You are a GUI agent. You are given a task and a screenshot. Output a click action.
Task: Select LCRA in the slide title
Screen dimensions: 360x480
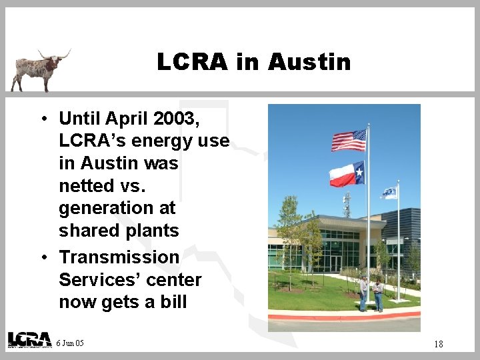point(193,62)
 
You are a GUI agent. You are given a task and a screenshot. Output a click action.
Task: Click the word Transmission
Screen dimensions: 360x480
point(119,257)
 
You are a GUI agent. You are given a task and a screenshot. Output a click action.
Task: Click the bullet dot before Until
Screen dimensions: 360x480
point(42,119)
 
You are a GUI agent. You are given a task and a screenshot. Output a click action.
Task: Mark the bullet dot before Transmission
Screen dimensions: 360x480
point(42,258)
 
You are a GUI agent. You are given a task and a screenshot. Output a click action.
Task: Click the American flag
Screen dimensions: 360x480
point(349,140)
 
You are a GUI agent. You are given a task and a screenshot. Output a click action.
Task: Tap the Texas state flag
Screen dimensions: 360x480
point(347,174)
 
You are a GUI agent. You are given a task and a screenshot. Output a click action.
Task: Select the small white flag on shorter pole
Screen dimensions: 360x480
point(389,193)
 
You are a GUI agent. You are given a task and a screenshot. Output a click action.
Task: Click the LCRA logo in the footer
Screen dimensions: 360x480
point(29,339)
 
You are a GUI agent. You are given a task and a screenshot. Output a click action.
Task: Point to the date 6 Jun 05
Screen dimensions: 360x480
point(71,343)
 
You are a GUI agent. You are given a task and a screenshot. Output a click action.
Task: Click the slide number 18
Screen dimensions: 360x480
point(438,344)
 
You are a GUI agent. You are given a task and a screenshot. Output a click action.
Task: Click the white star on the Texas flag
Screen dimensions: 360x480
point(359,173)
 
